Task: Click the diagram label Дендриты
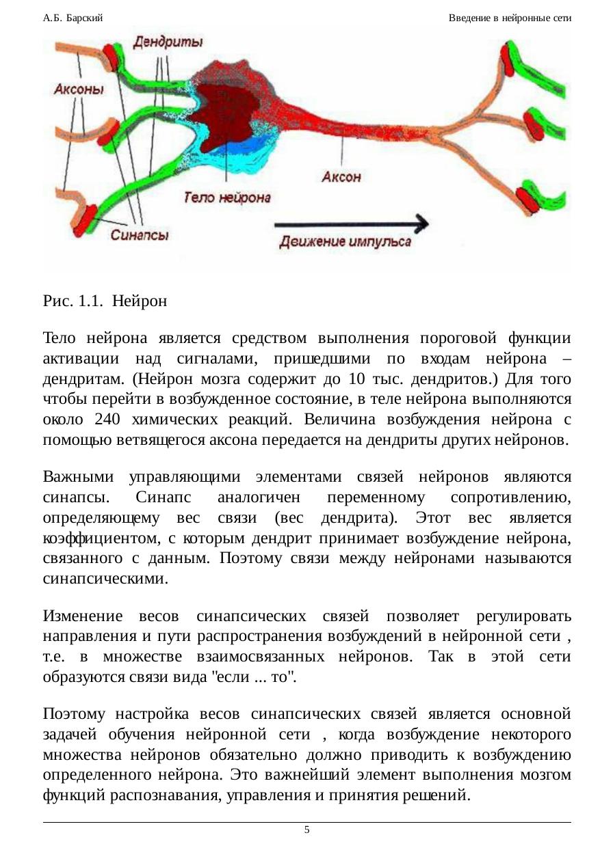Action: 167,42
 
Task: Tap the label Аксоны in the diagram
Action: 79,89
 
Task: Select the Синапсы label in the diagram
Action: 140,234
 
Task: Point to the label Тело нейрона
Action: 227,198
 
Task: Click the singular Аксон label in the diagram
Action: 341,176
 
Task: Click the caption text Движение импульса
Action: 345,241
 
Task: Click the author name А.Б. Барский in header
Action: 73,18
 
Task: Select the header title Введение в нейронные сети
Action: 510,18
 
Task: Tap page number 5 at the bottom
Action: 306,830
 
